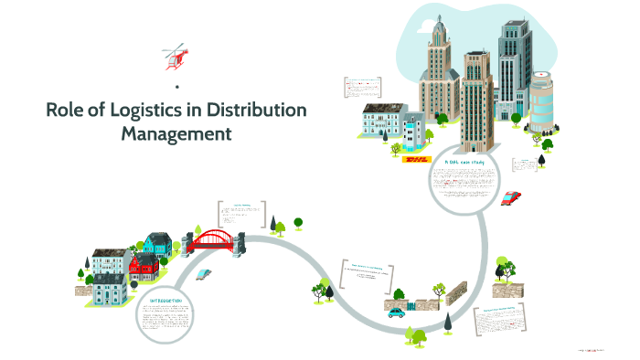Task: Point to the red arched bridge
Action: click(214, 239)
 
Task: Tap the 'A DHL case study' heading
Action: click(465, 163)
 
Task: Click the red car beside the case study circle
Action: click(511, 196)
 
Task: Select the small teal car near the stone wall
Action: click(396, 312)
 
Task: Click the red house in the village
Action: click(144, 267)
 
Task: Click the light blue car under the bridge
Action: click(205, 273)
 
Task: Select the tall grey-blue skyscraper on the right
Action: click(515, 64)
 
